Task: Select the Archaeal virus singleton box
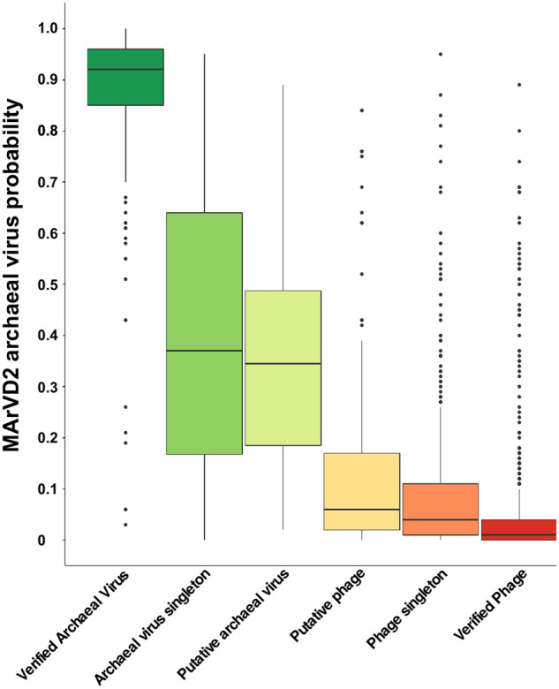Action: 204,265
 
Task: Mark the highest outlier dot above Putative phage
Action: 361,110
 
